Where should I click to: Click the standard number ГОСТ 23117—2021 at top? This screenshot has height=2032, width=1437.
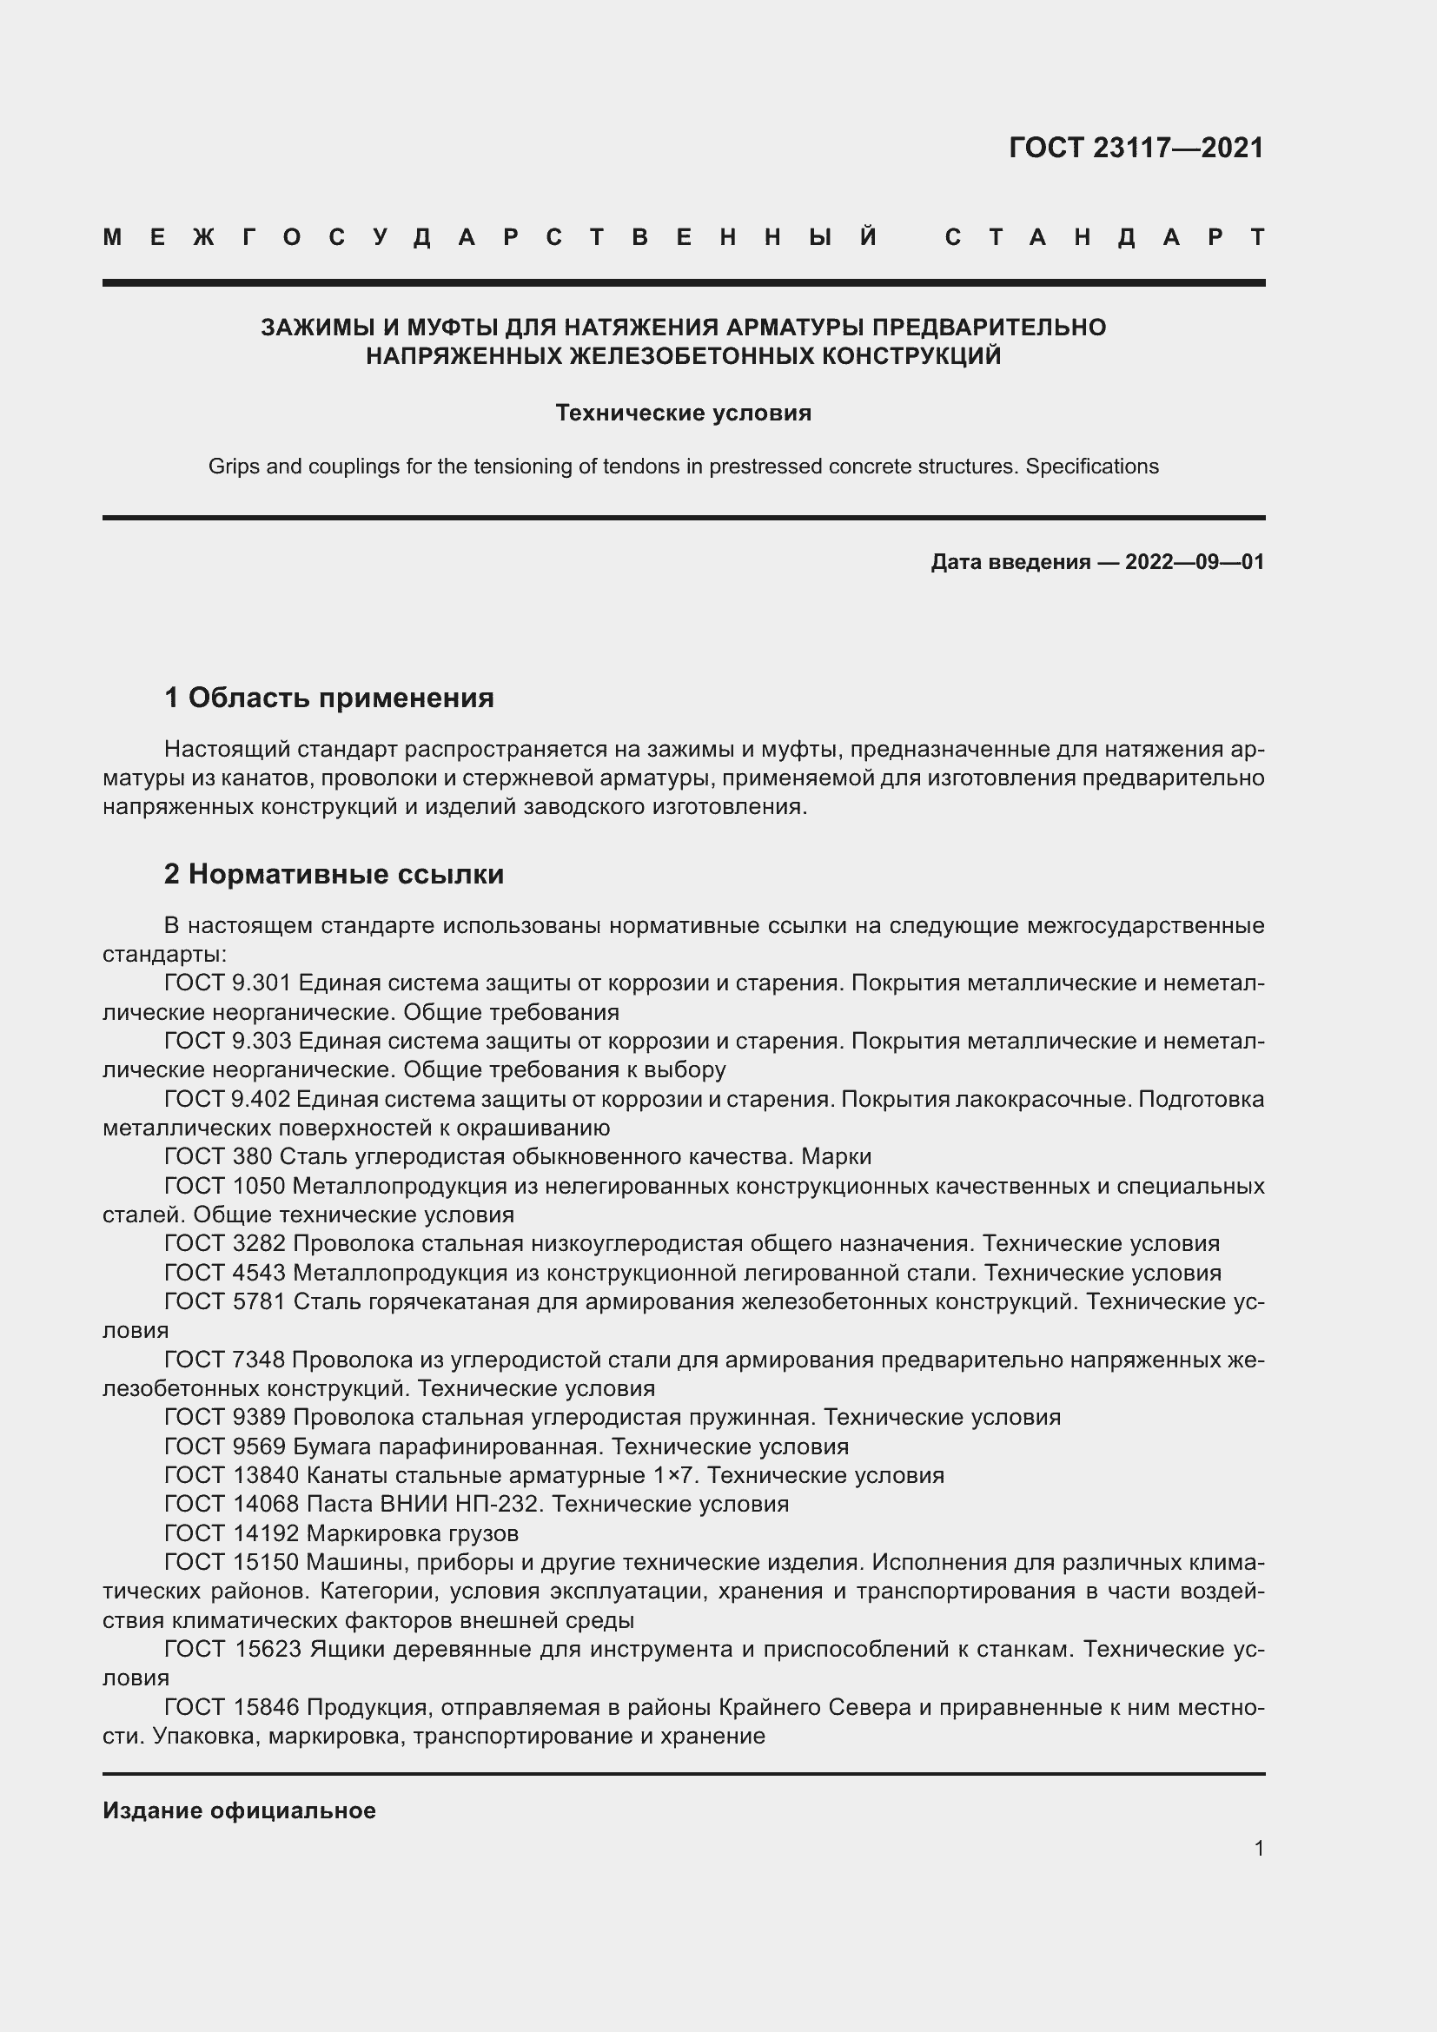[x=1136, y=148]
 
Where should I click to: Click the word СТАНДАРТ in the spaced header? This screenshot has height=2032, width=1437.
[x=1104, y=237]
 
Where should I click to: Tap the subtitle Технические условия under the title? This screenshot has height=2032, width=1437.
[x=683, y=414]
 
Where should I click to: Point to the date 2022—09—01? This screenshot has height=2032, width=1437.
[x=1195, y=562]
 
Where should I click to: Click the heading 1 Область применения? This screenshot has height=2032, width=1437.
[x=329, y=698]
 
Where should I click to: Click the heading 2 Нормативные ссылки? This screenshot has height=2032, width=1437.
[x=334, y=875]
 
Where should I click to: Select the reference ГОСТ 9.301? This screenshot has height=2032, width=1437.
[x=228, y=983]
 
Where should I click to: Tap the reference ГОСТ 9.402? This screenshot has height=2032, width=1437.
[x=228, y=1099]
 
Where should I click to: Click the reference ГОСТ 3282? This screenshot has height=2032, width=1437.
[x=225, y=1243]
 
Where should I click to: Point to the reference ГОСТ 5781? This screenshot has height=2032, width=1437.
[x=225, y=1302]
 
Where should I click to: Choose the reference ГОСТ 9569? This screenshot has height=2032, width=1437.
[x=225, y=1447]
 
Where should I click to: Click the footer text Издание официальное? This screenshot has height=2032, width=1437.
[x=239, y=1810]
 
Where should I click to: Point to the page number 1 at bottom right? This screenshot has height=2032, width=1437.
[x=1258, y=1848]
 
